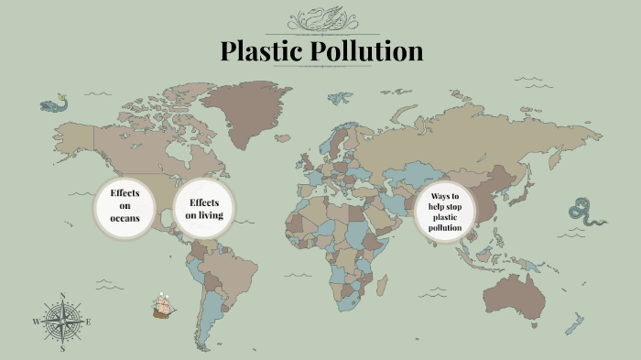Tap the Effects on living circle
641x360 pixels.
pos(205,208)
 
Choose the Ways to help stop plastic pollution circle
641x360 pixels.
pos(445,213)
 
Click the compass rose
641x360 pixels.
pos(62,322)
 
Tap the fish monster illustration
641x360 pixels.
pos(54,104)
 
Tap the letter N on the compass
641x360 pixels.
pos(62,296)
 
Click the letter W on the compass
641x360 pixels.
pos(36,322)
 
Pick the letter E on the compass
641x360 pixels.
pos(89,322)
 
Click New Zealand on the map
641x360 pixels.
pos(576,322)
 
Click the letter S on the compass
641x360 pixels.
pos(62,349)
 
